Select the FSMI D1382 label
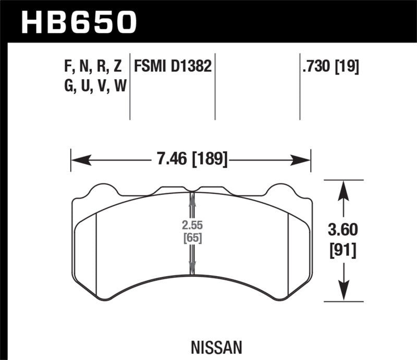[173, 66]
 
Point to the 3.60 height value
[341, 229]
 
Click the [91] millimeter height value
[342, 251]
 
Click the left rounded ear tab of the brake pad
[102, 189]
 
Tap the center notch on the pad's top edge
[192, 190]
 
